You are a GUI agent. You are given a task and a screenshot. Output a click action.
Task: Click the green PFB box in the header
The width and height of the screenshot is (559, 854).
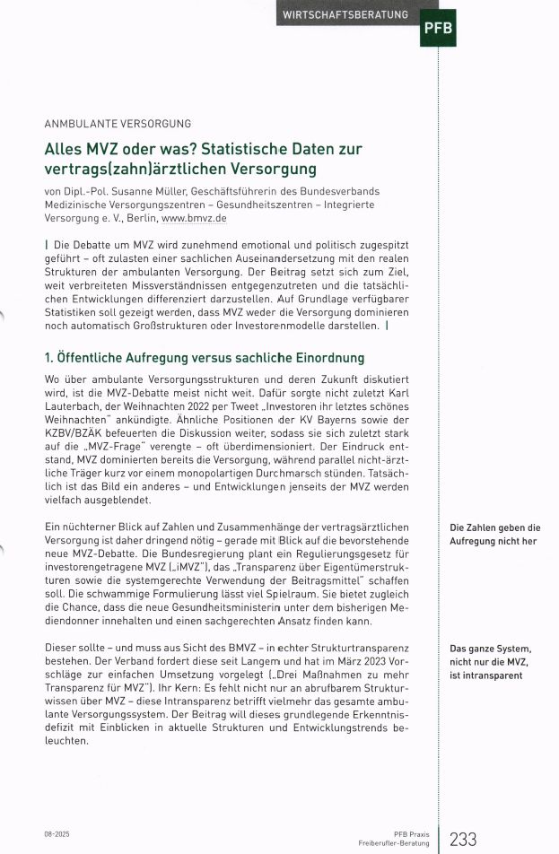pos(438,26)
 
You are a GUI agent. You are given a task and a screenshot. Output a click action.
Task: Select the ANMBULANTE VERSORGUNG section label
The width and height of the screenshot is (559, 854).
pos(117,124)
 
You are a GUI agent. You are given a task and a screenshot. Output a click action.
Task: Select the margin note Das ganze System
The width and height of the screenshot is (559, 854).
pos(491,649)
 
